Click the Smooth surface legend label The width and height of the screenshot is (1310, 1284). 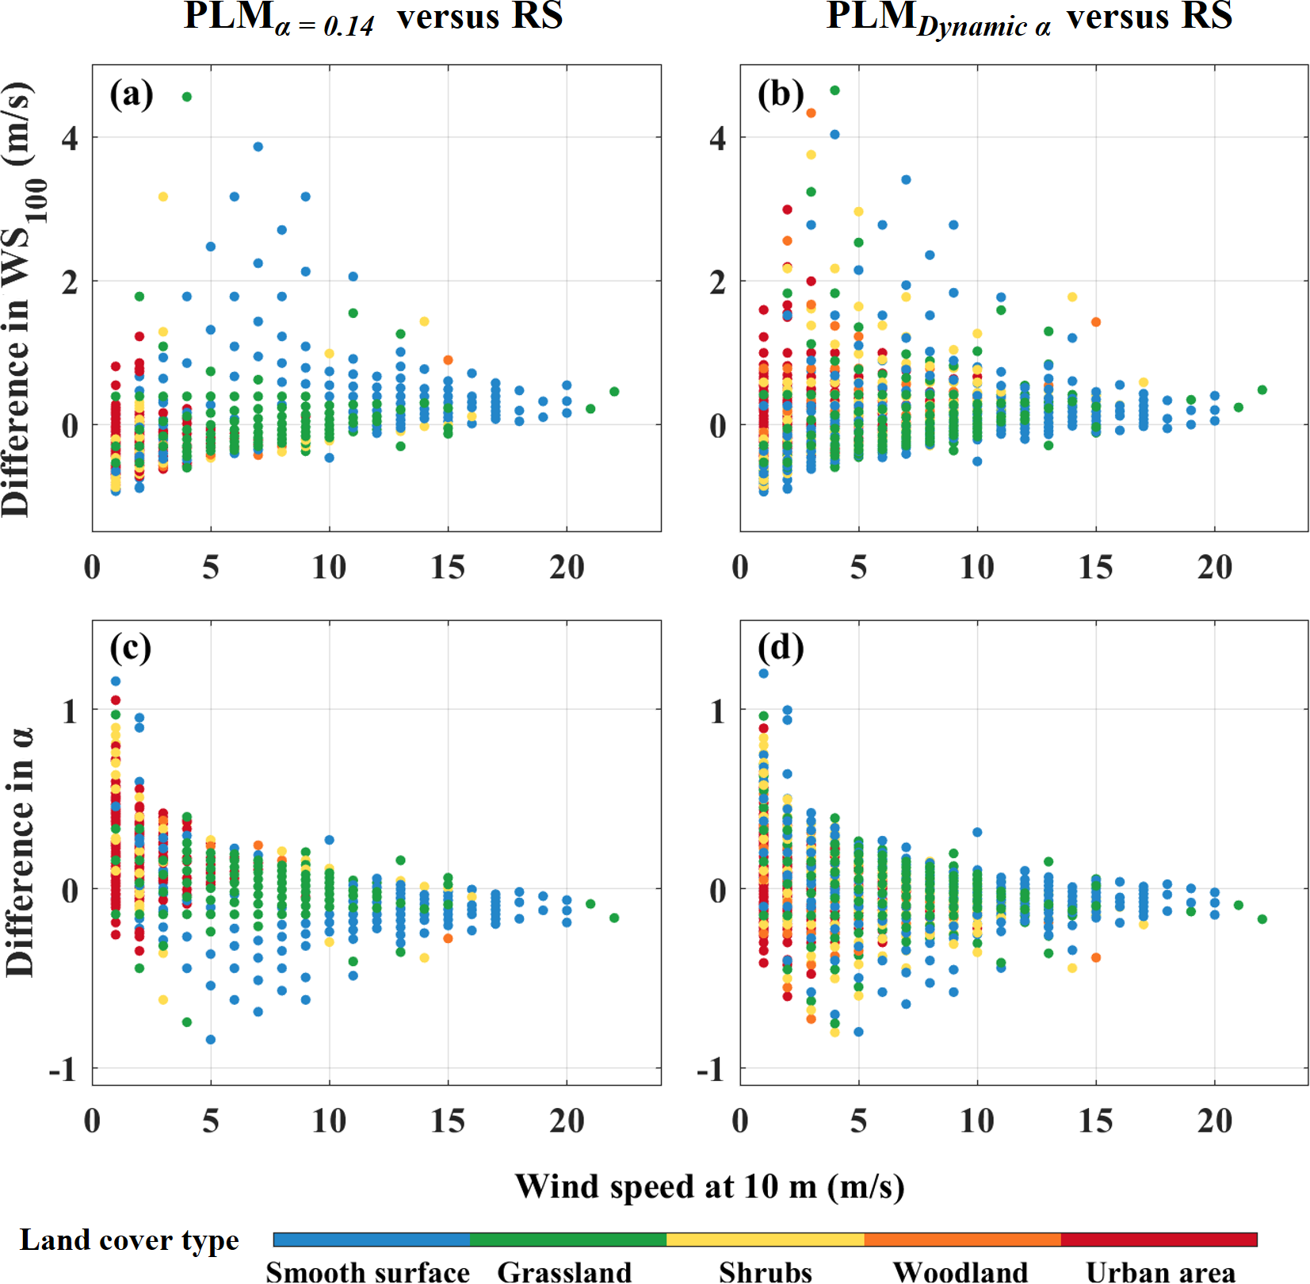click(368, 1271)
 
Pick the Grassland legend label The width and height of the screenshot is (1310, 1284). click(564, 1271)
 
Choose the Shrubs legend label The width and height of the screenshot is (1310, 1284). click(766, 1271)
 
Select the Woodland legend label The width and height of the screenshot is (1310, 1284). click(961, 1271)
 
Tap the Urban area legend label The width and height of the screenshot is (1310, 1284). click(1160, 1271)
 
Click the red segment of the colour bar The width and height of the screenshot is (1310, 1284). click(1159, 1240)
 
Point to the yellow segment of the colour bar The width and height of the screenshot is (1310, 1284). click(766, 1240)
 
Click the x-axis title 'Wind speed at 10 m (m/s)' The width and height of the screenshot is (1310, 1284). click(709, 1186)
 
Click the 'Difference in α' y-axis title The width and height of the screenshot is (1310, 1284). click(20, 852)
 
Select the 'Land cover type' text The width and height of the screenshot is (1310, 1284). click(129, 1240)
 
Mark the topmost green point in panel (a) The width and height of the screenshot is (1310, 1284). click(187, 97)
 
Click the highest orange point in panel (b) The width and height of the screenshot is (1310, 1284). click(811, 113)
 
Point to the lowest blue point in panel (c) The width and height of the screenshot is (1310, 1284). click(211, 1040)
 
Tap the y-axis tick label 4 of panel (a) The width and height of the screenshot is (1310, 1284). click(71, 139)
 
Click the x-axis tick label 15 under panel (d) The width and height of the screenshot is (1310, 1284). click(1096, 1121)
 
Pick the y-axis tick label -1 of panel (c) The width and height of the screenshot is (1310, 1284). click(63, 1070)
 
